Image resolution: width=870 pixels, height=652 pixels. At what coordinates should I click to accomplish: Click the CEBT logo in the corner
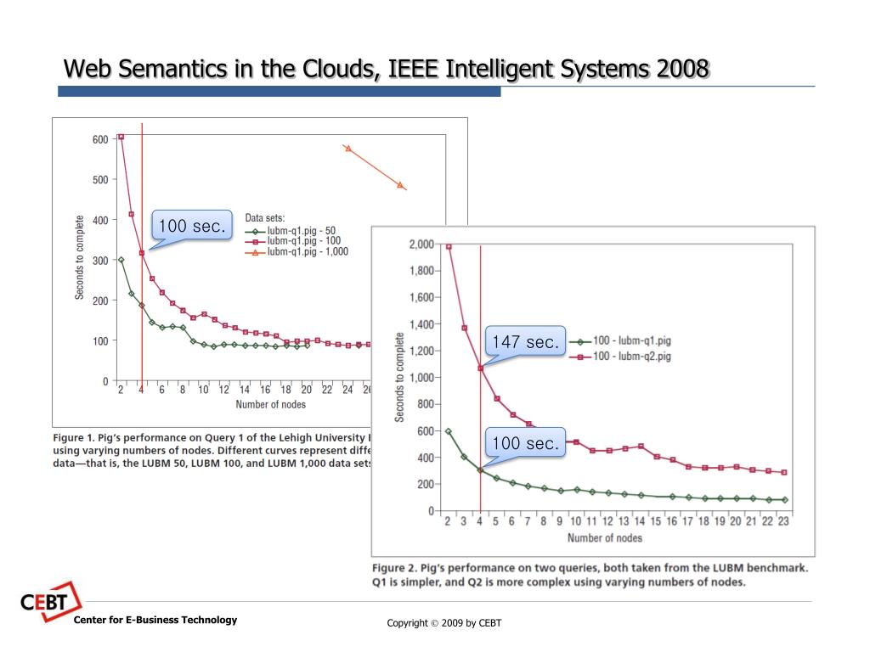coord(49,602)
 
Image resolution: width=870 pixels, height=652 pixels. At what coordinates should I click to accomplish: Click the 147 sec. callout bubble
coord(525,342)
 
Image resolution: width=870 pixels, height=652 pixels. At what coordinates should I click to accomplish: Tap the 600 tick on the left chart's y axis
coord(99,139)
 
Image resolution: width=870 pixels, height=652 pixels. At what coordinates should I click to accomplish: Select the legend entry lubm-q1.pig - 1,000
coord(307,251)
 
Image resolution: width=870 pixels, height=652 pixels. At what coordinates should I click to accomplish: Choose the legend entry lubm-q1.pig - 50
coord(301,230)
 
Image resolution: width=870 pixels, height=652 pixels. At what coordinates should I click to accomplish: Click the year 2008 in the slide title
coord(681,68)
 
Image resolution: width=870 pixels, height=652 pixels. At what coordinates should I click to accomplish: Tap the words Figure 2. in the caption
coord(399,567)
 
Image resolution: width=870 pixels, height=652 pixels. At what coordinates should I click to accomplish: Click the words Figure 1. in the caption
coord(80,438)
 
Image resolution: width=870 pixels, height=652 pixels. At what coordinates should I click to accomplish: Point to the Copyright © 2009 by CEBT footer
coord(444,623)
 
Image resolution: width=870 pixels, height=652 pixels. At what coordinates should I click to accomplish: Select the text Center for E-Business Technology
coord(155,620)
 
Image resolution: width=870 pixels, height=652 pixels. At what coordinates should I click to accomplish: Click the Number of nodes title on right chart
coord(604,538)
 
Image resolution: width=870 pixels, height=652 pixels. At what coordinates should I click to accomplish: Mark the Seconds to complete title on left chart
coord(80,256)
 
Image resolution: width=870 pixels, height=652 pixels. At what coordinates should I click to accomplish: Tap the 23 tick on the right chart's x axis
coord(783,522)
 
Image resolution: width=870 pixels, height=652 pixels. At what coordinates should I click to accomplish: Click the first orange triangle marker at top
coord(348,149)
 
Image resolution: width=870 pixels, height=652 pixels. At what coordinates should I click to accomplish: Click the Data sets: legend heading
coord(264,218)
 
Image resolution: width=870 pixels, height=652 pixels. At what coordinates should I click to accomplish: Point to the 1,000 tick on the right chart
coord(421,378)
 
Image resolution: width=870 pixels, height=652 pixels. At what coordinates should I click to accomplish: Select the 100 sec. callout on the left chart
coord(191,226)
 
